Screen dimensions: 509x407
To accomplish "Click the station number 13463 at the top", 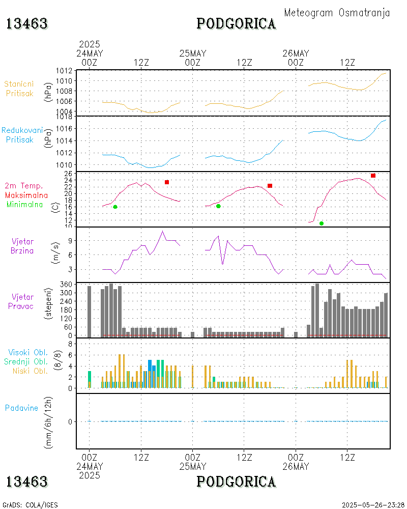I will pyautogui.click(x=27, y=23).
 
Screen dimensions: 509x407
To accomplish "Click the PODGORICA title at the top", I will pyautogui.click(x=236, y=23).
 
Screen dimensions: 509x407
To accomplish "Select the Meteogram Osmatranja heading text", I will pyautogui.click(x=337, y=13).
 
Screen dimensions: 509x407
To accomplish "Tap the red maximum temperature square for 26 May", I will pyautogui.click(x=373, y=176).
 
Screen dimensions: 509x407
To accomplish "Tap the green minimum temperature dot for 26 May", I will pyautogui.click(x=322, y=223).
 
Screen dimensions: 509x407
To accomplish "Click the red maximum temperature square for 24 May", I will pyautogui.click(x=167, y=182).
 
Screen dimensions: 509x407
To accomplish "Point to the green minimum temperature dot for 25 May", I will pyautogui.click(x=218, y=206).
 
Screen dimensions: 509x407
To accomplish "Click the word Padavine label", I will pyautogui.click(x=21, y=408).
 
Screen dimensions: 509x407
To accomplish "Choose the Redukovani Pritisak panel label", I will pyautogui.click(x=21, y=135).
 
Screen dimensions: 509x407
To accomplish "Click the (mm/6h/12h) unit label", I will pyautogui.click(x=49, y=421).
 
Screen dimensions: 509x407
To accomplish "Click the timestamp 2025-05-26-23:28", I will pyautogui.click(x=373, y=505).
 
